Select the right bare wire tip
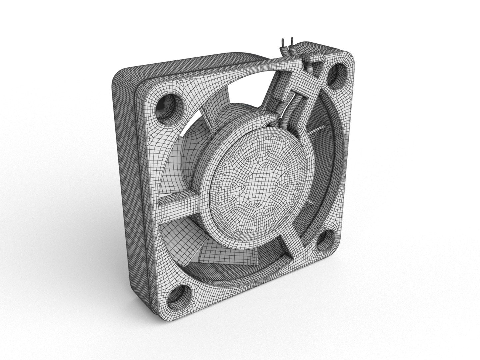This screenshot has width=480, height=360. pyautogui.click(x=292, y=40)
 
